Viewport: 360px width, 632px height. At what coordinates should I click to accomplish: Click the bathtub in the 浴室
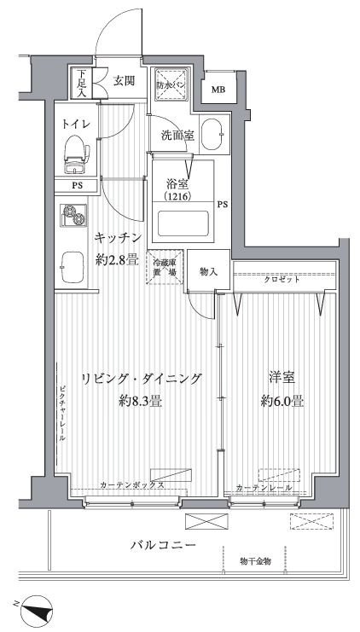coord(183,225)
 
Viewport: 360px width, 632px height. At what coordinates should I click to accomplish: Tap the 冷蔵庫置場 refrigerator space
coord(165,267)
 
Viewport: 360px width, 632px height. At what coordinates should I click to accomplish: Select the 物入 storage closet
coord(209,272)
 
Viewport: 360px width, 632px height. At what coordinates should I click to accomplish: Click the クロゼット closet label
coord(281,279)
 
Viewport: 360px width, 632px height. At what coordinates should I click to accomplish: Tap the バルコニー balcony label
coord(164,543)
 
